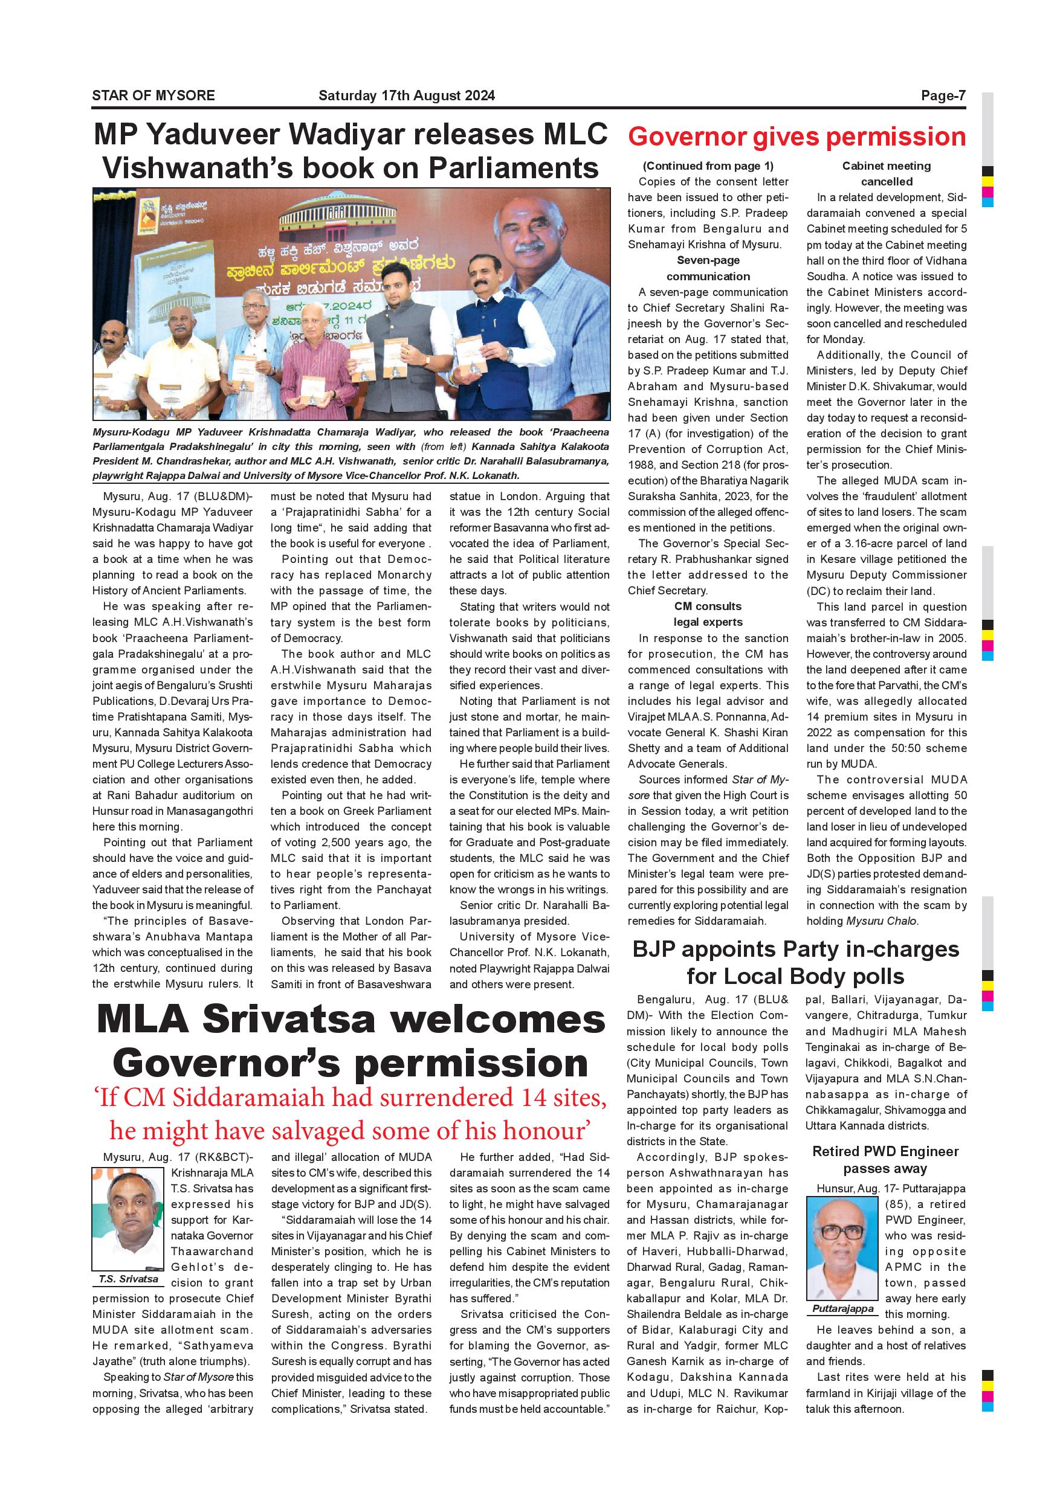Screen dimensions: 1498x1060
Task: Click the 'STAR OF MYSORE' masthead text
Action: [154, 95]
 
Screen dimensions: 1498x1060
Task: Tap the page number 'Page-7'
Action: [943, 95]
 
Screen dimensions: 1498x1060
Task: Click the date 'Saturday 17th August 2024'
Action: [406, 95]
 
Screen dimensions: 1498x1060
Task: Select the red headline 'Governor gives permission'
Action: [797, 137]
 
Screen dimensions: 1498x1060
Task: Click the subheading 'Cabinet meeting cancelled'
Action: [886, 173]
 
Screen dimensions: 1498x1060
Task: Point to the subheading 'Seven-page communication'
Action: [708, 268]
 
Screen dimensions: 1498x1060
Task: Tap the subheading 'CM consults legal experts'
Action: [708, 614]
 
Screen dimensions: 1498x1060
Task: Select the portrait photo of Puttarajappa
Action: [842, 1248]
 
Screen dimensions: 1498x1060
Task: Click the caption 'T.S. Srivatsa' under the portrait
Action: [128, 1279]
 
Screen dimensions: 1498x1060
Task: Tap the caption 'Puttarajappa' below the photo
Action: [842, 1308]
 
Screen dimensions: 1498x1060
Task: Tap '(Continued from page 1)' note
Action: [708, 166]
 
